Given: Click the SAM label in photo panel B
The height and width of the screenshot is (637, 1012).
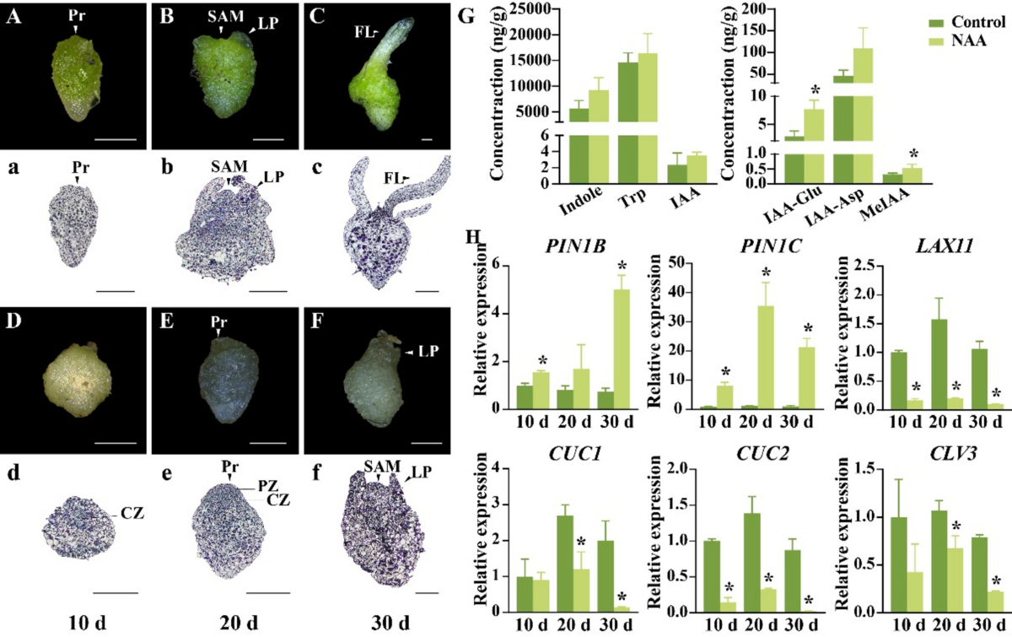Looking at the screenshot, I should pos(222,17).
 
